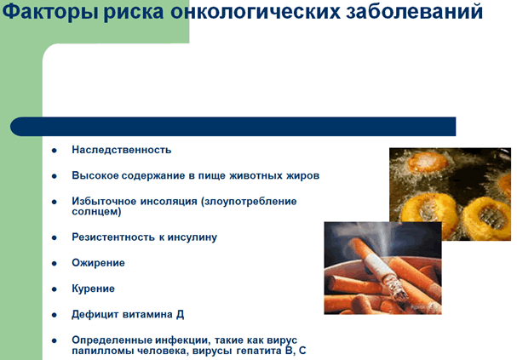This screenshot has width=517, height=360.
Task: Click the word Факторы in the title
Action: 50,12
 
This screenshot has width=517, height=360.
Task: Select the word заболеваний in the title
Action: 415,12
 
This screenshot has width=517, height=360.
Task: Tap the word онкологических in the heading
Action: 256,12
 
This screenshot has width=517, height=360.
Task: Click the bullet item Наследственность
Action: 122,150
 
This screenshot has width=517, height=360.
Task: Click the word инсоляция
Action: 169,201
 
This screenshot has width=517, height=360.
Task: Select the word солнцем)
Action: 96,211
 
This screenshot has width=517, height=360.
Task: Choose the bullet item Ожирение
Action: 98,263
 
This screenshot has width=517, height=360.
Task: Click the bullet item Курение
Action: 94,289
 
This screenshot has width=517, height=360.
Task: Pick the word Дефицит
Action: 95,315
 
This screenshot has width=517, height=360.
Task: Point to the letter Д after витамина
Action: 180,315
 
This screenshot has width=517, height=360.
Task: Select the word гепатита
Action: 259,351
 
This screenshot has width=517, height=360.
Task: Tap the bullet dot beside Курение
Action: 55,289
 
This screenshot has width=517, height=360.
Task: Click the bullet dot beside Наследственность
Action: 55,151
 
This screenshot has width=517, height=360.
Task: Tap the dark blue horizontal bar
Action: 233,127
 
